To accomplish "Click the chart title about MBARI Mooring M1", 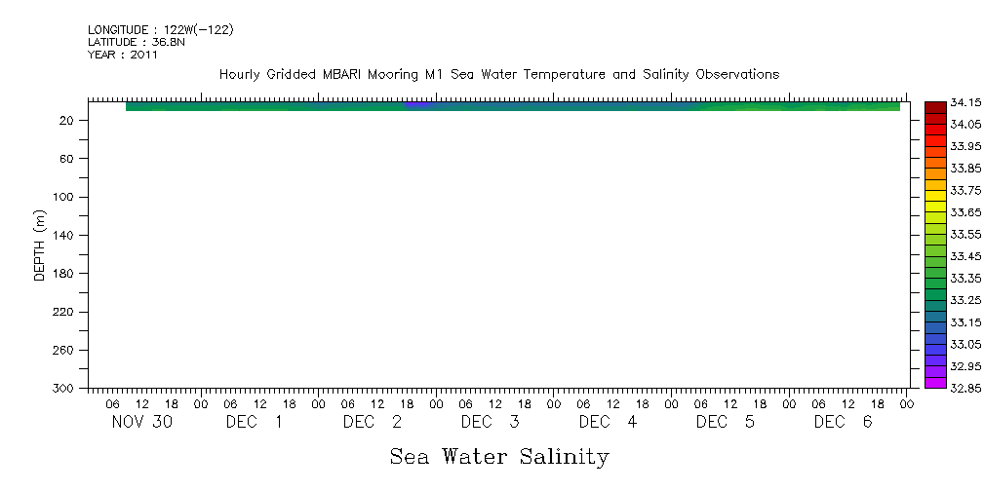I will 498,75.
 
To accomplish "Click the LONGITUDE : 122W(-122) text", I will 160,30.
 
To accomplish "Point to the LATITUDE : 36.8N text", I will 137,42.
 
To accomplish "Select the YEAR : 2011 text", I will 123,55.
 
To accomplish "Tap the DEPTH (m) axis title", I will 40,245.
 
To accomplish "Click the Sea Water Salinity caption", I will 499,456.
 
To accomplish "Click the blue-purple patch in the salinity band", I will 417,104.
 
